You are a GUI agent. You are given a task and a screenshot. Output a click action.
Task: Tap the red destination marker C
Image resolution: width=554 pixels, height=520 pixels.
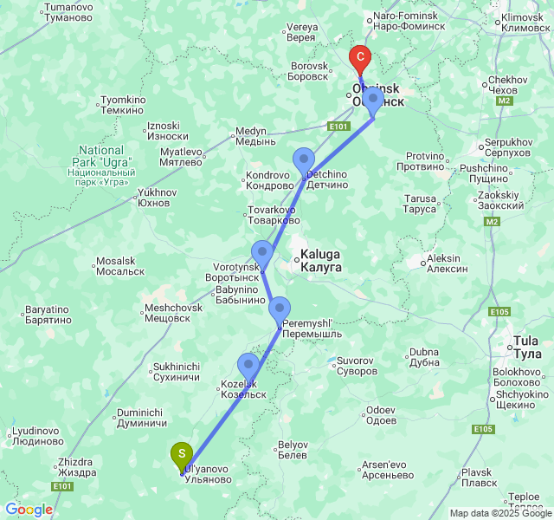(359, 60)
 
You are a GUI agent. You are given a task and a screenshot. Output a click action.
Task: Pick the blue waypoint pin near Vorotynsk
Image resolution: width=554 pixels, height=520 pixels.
(262, 253)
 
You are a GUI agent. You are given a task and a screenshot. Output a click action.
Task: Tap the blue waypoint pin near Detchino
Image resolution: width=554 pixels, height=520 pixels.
(304, 160)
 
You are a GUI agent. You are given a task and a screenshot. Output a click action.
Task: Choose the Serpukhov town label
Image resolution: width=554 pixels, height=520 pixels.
(508, 146)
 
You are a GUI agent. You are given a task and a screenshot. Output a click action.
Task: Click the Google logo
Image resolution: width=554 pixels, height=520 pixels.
(29, 510)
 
